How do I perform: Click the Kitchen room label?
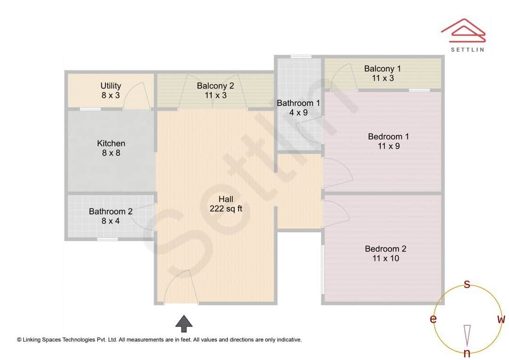click(111, 148)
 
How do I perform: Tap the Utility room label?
click(111, 90)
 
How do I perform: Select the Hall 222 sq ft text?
click(226, 204)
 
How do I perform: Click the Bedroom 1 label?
click(388, 141)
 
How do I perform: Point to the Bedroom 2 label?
click(386, 254)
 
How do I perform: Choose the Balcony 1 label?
click(382, 73)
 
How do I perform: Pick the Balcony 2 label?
click(215, 90)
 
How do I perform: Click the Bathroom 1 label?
click(298, 107)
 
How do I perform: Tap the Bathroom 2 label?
click(111, 216)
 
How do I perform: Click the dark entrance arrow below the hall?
click(184, 324)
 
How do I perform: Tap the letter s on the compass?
click(467, 284)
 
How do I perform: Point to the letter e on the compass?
click(433, 319)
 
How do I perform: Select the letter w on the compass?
click(501, 319)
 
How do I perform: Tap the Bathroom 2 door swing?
click(147, 217)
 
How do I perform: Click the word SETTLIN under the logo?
click(467, 49)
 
